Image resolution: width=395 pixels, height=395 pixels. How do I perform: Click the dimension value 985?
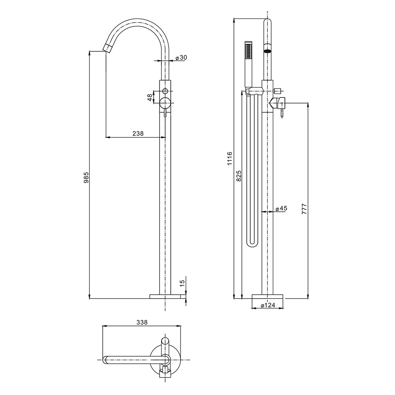[x=86, y=177]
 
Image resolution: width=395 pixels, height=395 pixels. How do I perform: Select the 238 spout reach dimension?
[x=138, y=133]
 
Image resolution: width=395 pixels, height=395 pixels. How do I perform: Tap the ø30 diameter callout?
[x=181, y=58]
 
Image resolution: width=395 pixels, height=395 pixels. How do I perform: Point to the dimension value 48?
[x=150, y=98]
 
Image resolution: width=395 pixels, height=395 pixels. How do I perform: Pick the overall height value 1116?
[x=229, y=158]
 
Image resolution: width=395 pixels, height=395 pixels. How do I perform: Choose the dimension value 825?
[x=239, y=176]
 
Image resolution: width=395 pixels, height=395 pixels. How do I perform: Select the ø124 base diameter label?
[x=268, y=305]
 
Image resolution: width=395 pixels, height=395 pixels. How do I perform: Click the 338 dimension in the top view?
[x=141, y=322]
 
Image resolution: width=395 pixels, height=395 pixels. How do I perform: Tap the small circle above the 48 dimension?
[x=165, y=91]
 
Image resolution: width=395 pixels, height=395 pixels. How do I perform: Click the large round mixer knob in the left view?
[x=165, y=103]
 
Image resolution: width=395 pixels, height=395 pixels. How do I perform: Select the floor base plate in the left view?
[x=165, y=296]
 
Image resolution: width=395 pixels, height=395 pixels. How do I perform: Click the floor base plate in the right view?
[x=267, y=297]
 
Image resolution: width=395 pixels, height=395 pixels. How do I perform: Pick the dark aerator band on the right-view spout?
[x=267, y=51]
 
